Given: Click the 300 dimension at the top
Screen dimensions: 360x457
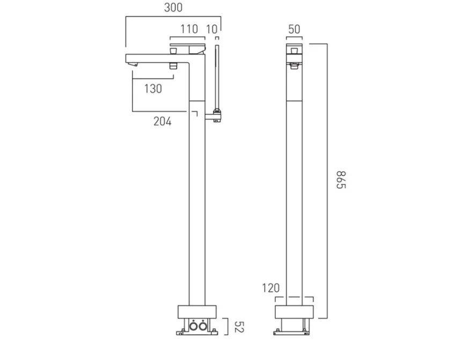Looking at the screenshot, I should coord(173,8).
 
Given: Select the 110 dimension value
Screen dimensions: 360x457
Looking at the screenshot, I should coord(188,29).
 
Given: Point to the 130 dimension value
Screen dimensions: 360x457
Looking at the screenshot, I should coord(153,89).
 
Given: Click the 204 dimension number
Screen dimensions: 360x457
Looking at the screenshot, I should coord(163,121).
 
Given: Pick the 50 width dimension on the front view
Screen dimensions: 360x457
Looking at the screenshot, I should coord(294,29).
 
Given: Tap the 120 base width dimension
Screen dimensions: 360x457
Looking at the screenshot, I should coord(271,289).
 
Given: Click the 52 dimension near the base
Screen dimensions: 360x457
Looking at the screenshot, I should coord(239,325).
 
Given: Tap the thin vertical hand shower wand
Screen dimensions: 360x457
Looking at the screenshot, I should coord(217,75).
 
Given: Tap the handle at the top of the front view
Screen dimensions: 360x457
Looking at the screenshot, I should coord(294,48).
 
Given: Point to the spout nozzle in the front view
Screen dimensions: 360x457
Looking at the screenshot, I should coord(294,66).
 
